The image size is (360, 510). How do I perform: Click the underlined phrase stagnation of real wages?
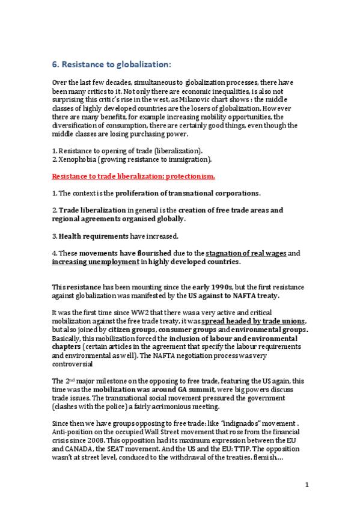click(248, 253)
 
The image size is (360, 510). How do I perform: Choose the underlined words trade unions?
click(281, 322)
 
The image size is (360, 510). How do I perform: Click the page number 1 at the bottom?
click(307, 485)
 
